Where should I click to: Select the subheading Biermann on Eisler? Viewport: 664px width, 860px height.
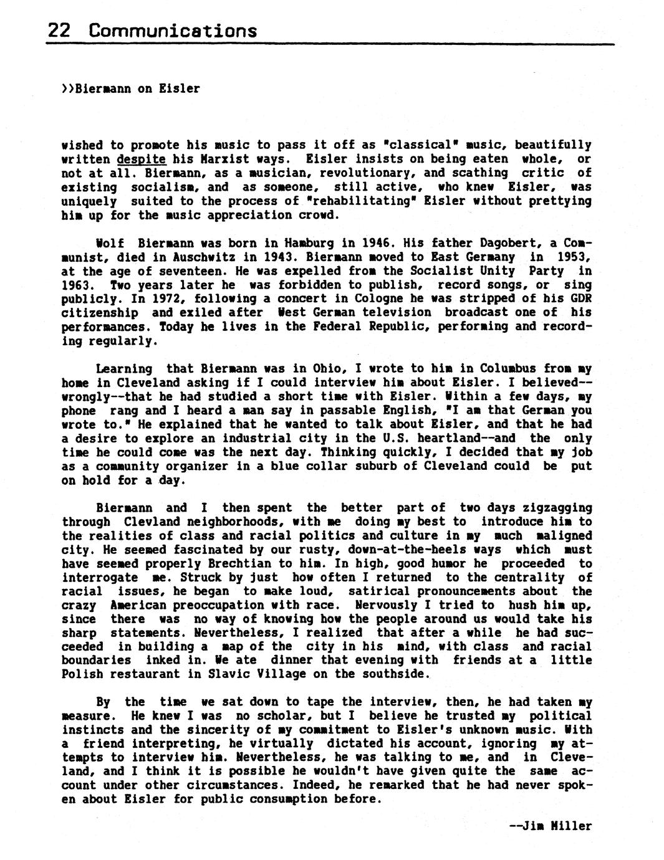click(x=131, y=88)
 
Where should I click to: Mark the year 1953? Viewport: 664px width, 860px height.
click(x=570, y=257)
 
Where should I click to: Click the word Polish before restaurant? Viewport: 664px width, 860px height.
click(x=83, y=674)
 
